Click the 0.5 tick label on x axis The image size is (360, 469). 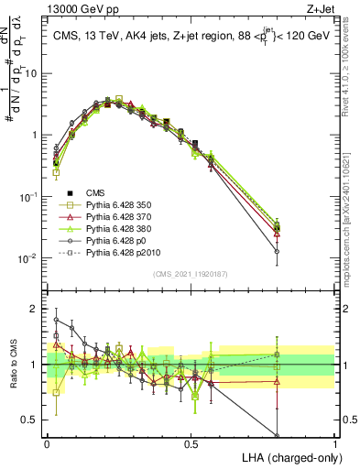[191, 442]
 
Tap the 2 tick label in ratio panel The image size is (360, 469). [36, 309]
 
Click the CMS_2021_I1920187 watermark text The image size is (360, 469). [191, 273]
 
